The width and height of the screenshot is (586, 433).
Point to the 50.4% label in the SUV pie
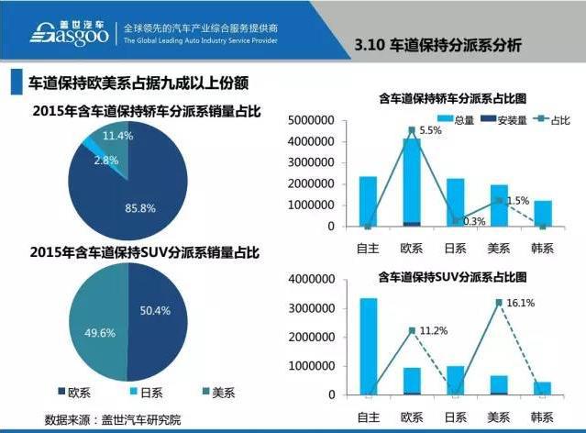[154, 311]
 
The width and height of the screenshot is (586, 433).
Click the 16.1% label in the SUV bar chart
[520, 301]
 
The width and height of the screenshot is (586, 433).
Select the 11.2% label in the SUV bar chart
[432, 331]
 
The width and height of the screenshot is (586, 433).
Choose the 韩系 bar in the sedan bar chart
[545, 213]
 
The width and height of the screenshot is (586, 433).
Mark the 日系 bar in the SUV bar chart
[456, 380]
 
